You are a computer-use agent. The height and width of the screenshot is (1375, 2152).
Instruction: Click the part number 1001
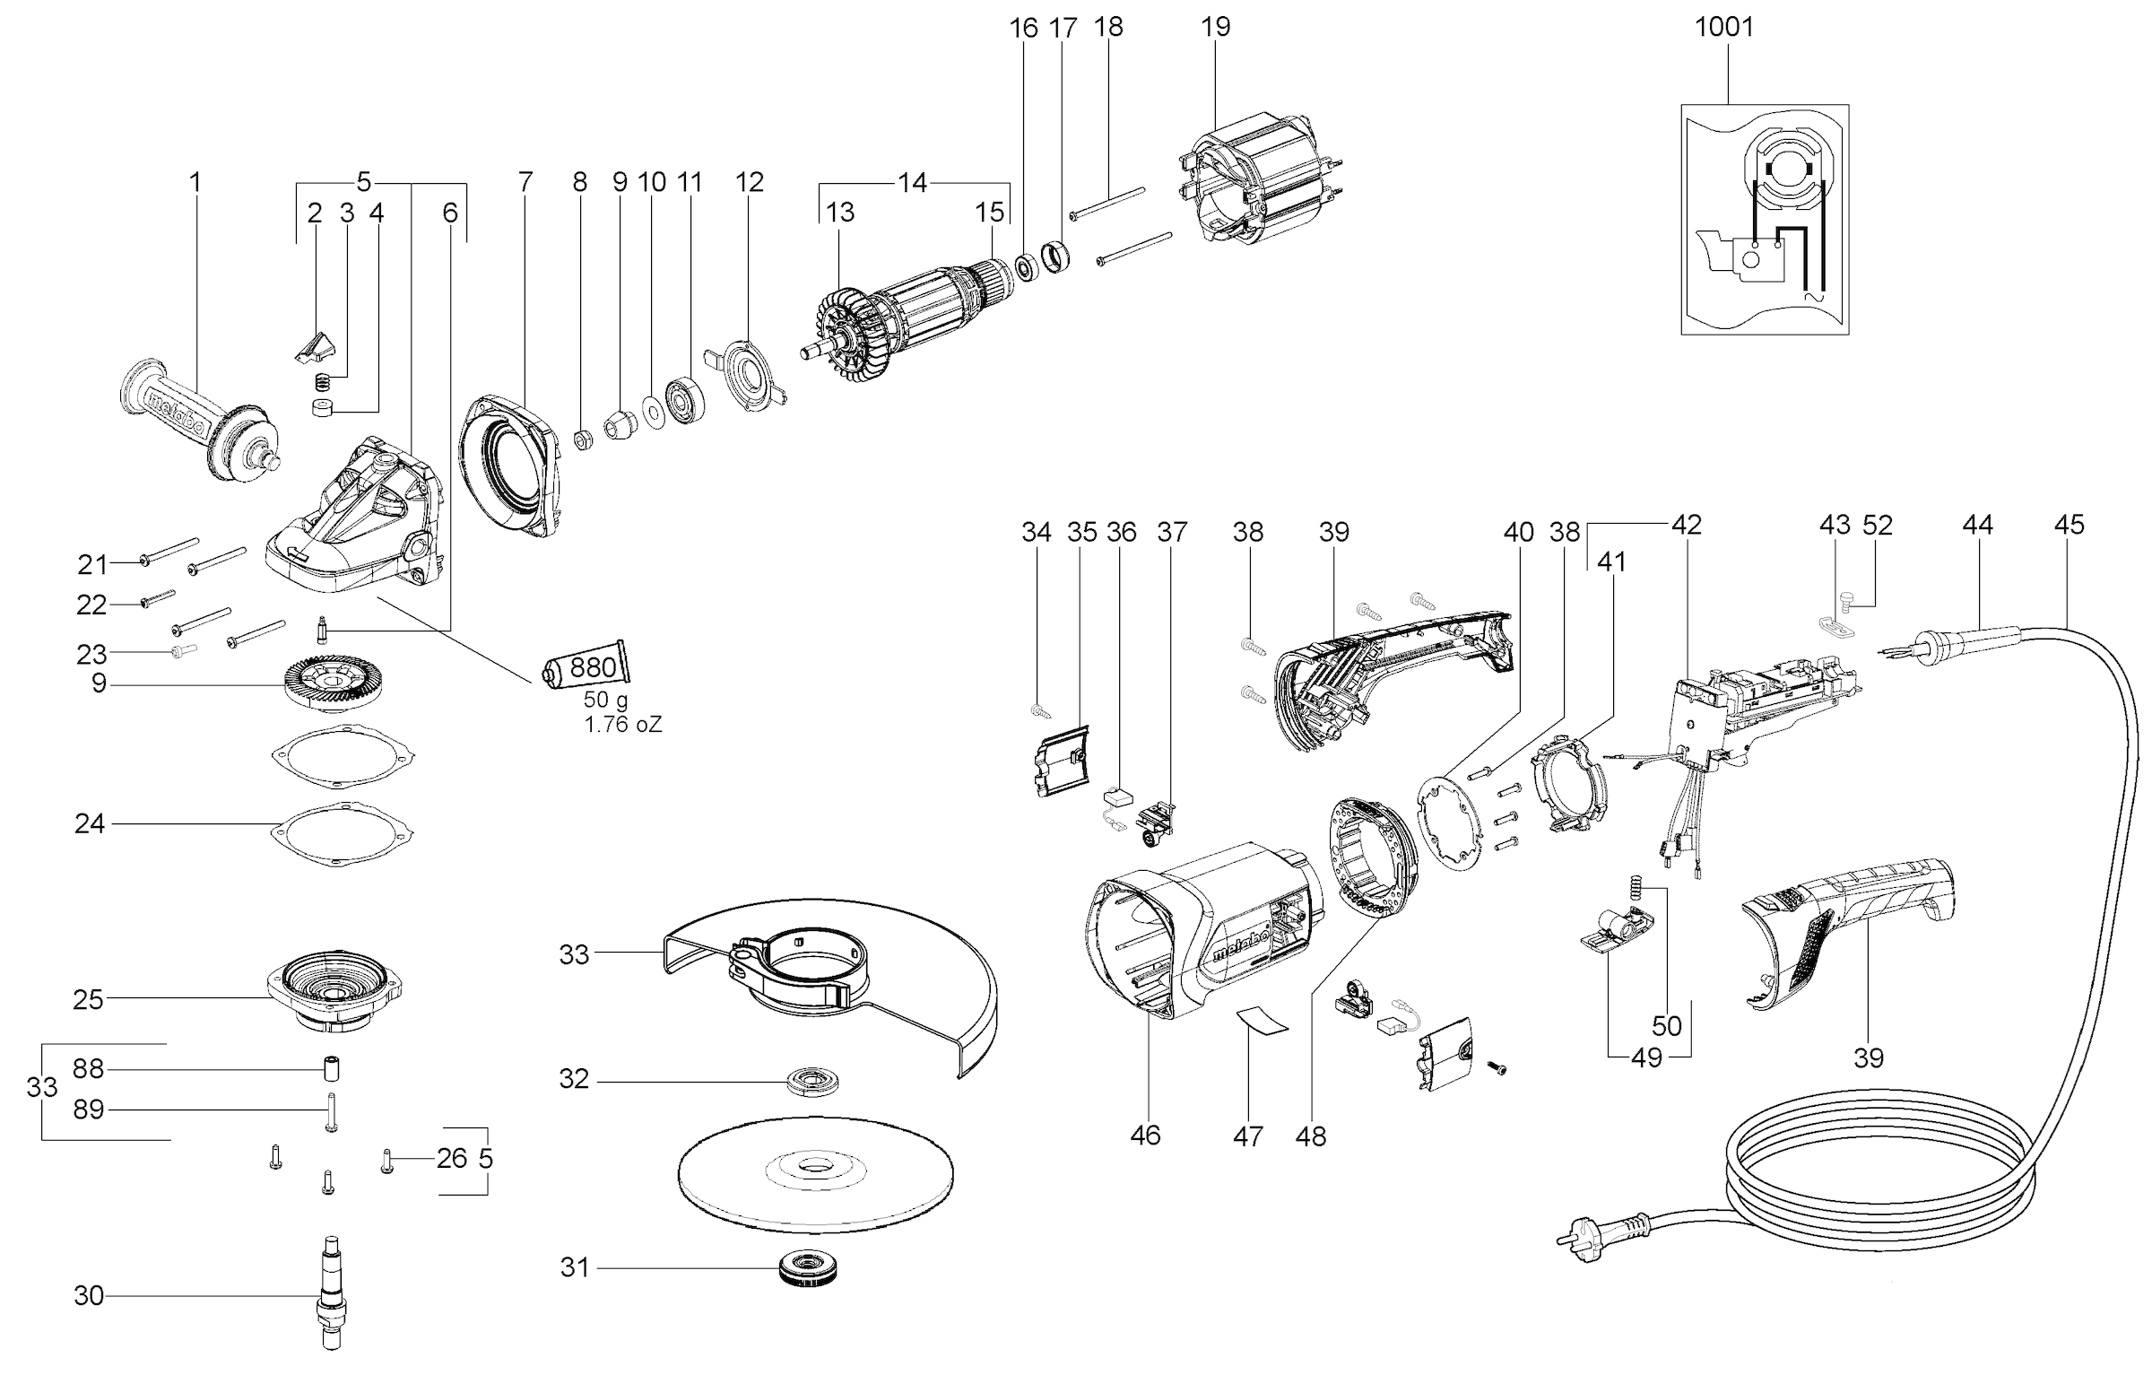point(1723,27)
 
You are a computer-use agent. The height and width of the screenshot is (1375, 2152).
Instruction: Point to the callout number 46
point(1145,1135)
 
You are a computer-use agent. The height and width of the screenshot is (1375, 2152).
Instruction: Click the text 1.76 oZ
point(623,725)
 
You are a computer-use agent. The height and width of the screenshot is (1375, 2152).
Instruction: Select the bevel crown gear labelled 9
point(332,684)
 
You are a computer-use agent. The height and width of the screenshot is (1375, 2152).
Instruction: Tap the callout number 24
point(90,823)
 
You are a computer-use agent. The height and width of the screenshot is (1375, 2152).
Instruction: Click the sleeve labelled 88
point(330,1069)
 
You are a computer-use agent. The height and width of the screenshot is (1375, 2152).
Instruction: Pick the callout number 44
point(1977,524)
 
